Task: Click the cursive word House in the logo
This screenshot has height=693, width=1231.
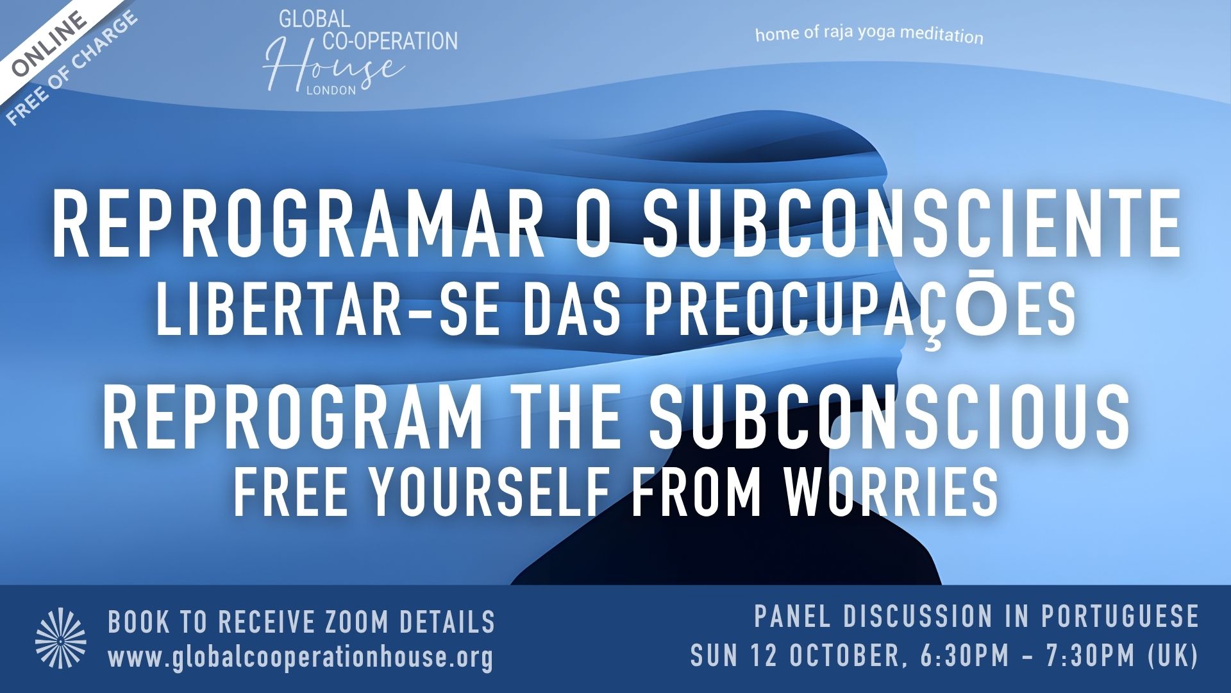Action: click(333, 64)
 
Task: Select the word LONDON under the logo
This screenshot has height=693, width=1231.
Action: click(331, 90)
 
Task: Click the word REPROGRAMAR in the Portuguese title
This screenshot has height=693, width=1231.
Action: click(294, 226)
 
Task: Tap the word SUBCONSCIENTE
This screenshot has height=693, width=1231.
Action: click(911, 226)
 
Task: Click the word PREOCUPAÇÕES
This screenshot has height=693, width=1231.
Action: click(859, 311)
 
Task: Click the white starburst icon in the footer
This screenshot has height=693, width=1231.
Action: click(61, 639)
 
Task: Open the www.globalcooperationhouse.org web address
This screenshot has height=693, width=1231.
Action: click(301, 658)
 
